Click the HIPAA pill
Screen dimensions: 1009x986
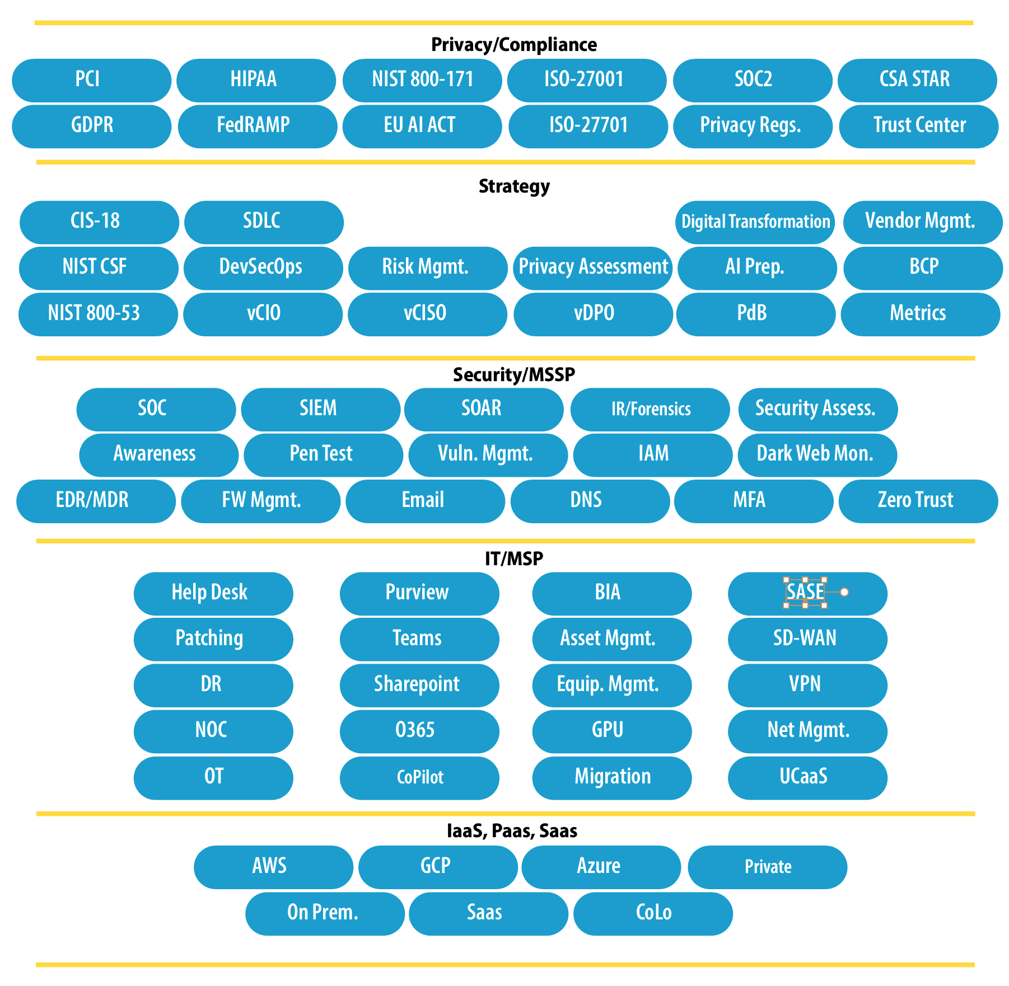256,80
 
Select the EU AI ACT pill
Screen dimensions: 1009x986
422,126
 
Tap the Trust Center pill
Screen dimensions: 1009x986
919,126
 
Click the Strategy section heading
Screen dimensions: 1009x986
514,186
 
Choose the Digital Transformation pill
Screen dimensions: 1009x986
755,222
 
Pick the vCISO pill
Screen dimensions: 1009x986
427,314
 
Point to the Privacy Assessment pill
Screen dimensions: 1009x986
593,268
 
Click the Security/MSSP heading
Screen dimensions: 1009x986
514,374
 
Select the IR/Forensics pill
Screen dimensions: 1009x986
650,409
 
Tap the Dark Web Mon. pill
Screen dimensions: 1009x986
818,455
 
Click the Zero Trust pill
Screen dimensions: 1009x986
918,501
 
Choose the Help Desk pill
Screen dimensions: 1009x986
213,593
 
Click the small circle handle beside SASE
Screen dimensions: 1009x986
844,592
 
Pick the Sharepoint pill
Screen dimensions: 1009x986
419,685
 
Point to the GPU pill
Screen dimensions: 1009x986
612,731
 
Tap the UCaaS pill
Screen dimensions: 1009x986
807,778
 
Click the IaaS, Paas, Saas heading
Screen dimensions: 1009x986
512,831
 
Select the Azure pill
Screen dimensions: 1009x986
601,867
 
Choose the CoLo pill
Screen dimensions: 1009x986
653,913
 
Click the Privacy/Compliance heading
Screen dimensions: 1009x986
514,45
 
